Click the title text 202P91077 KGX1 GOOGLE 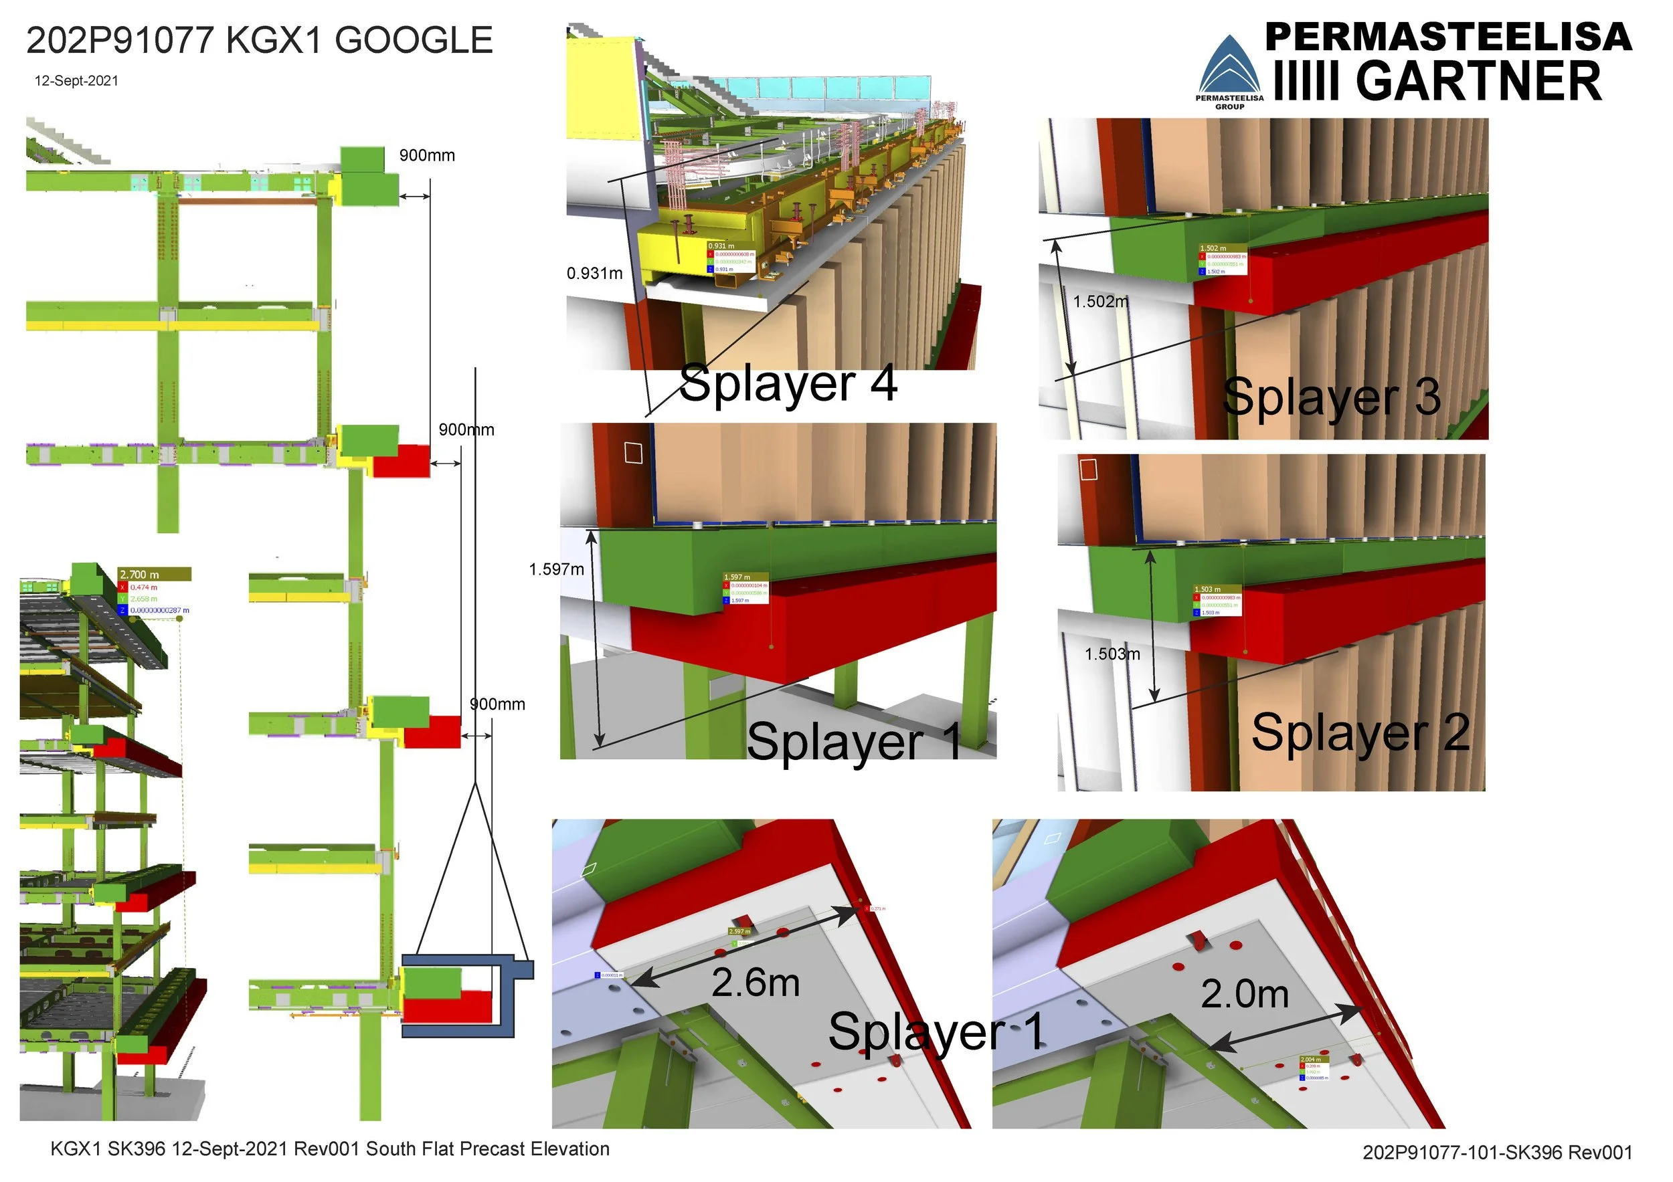pyautogui.click(x=260, y=41)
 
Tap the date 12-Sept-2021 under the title pyautogui.click(x=76, y=81)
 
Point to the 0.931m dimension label pyautogui.click(x=595, y=274)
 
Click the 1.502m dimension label pyautogui.click(x=1100, y=302)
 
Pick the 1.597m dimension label pyautogui.click(x=556, y=569)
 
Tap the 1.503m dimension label pyautogui.click(x=1112, y=654)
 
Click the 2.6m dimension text pyautogui.click(x=756, y=983)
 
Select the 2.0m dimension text pyautogui.click(x=1245, y=994)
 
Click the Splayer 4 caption pyautogui.click(x=788, y=384)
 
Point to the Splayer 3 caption pyautogui.click(x=1331, y=397)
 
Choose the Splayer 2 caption pyautogui.click(x=1360, y=732)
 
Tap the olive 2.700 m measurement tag pyautogui.click(x=155, y=575)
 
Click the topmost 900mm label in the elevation pyautogui.click(x=427, y=156)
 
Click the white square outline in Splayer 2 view pyautogui.click(x=1088, y=470)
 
